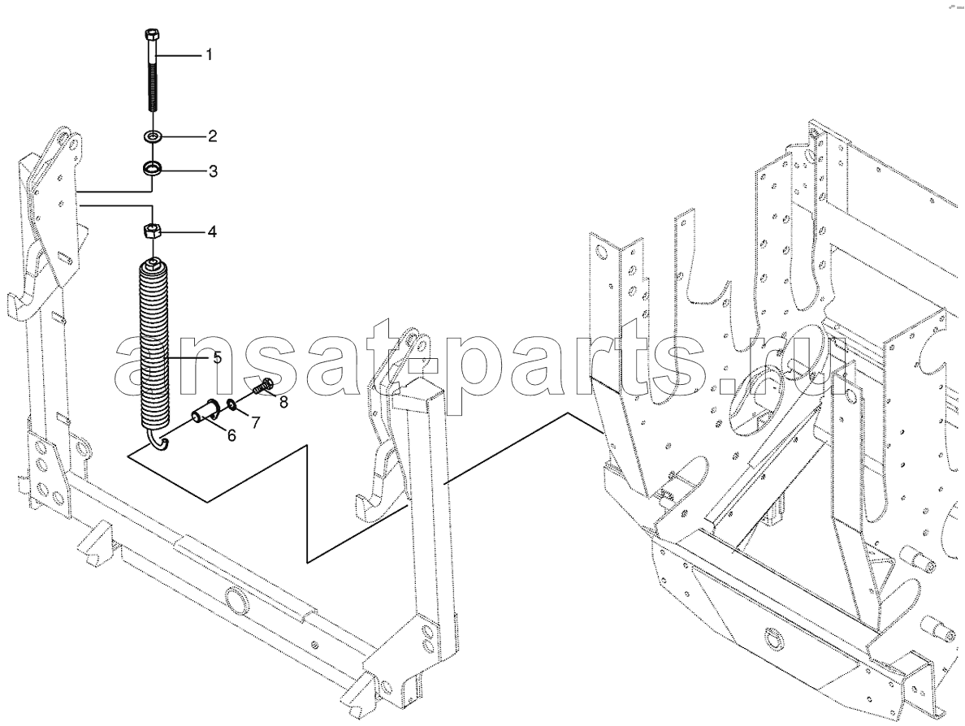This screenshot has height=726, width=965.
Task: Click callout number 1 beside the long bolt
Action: pos(209,55)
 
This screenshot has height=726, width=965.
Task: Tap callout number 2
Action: pos(212,136)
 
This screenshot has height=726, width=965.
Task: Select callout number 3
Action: pos(212,171)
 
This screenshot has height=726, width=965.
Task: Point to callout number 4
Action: pos(212,232)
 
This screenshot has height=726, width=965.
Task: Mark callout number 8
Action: pos(266,402)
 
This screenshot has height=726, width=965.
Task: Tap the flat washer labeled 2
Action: pos(152,136)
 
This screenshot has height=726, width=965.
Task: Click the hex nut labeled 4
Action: pos(152,232)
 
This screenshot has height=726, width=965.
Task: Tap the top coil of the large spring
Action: pos(152,265)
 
